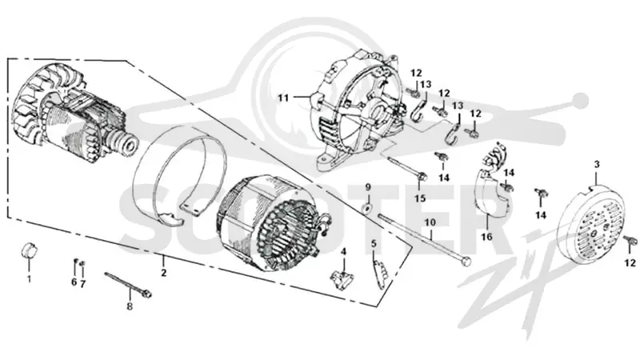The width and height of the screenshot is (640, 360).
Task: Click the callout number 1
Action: [29, 279]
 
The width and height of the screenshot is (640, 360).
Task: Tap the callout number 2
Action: [164, 273]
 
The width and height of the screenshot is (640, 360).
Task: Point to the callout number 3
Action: [597, 165]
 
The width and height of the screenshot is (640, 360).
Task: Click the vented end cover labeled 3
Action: [593, 223]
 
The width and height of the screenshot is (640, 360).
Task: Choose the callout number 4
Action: [344, 251]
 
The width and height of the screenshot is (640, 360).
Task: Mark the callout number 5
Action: [373, 244]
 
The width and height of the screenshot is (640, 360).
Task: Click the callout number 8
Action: [130, 306]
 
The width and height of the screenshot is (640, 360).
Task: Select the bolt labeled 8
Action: [129, 284]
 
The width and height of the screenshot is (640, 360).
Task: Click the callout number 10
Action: [430, 222]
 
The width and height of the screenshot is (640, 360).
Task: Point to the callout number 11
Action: [283, 98]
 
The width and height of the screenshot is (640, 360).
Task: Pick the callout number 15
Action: [420, 198]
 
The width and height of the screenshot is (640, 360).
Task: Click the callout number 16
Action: [486, 237]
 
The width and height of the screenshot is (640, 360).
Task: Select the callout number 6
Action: [74, 282]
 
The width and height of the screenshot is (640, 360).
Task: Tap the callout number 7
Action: [83, 284]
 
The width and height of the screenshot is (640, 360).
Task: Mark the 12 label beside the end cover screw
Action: [630, 263]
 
